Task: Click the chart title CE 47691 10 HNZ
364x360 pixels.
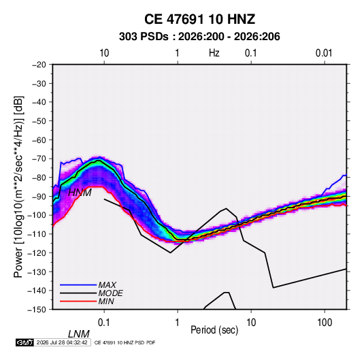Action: (199, 19)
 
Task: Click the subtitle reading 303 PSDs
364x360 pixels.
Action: (144, 37)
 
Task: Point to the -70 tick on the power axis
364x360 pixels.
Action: (39, 159)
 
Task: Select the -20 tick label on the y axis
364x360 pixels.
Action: (39, 65)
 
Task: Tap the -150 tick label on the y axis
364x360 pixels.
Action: (37, 310)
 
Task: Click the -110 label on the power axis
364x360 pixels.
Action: (37, 234)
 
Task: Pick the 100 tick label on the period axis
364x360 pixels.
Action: (325, 323)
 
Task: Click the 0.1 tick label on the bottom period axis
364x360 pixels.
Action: (104, 323)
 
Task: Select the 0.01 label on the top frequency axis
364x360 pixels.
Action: (324, 53)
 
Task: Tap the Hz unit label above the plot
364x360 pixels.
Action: (214, 53)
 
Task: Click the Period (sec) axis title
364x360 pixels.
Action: (214, 330)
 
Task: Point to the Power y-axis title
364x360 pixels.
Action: (18, 187)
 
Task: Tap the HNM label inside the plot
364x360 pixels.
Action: (80, 193)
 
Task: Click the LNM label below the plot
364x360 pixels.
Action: (78, 334)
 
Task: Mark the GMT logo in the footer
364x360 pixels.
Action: (24, 342)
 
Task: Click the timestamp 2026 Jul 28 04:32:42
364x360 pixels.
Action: (62, 342)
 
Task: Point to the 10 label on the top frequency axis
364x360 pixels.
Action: (104, 53)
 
